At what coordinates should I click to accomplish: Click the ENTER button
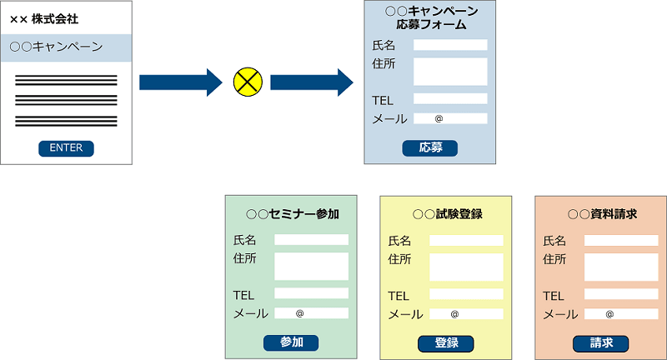click(x=66, y=148)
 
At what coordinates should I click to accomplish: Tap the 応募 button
click(x=430, y=148)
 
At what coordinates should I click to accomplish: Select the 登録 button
click(x=445, y=342)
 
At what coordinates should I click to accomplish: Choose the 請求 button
click(x=600, y=342)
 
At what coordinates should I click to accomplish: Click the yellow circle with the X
click(x=248, y=82)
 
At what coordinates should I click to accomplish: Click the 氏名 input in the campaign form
click(x=450, y=45)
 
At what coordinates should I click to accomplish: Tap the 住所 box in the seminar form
click(x=311, y=266)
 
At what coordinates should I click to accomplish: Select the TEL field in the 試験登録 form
click(x=466, y=294)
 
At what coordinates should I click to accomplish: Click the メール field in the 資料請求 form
click(x=621, y=314)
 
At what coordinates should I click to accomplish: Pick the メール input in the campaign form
click(x=450, y=118)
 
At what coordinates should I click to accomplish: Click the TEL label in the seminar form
click(x=244, y=295)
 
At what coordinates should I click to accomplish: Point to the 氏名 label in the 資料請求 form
click(x=554, y=241)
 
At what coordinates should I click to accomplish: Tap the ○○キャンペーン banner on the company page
click(x=67, y=47)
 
